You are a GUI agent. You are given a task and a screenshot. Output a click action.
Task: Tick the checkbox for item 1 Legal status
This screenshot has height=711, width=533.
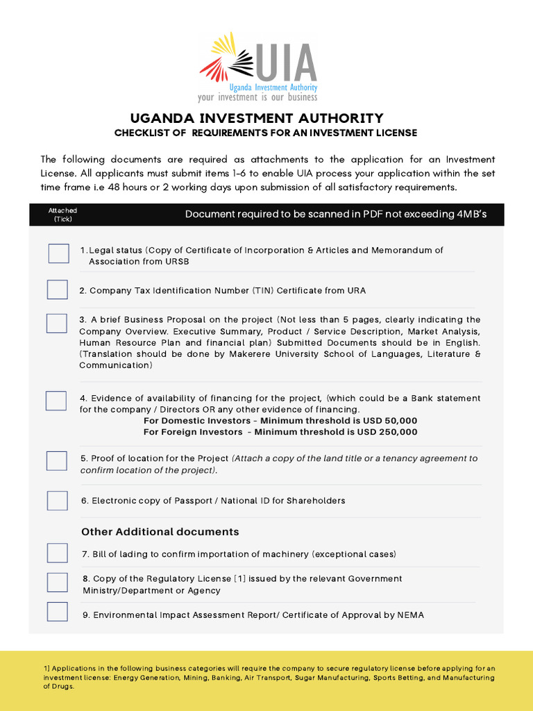[58, 253]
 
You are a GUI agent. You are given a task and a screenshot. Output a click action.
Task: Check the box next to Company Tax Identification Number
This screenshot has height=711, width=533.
[57, 290]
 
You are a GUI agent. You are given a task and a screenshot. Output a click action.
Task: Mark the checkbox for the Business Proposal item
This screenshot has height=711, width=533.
[57, 323]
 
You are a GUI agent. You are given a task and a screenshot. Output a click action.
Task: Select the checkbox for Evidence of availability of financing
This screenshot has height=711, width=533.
[56, 401]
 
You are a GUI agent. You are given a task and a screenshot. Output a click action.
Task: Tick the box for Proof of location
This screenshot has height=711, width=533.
[57, 460]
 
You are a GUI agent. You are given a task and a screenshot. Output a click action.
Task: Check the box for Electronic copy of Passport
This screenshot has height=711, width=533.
[57, 500]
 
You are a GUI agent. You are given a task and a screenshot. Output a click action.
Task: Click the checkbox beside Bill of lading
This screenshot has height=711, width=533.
[57, 553]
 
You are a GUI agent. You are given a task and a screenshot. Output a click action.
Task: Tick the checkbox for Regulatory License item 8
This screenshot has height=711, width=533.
[57, 582]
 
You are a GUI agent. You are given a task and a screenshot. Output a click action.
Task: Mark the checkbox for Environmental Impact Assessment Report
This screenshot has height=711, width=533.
[57, 612]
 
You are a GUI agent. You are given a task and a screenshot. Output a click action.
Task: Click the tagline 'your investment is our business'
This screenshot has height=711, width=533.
[257, 98]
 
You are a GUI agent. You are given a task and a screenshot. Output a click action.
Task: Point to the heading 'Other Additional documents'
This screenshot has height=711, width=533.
[160, 532]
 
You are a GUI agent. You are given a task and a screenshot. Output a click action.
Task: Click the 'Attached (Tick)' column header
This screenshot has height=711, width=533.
[62, 215]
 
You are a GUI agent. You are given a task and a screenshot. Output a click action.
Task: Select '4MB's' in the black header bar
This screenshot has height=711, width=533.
[472, 214]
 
